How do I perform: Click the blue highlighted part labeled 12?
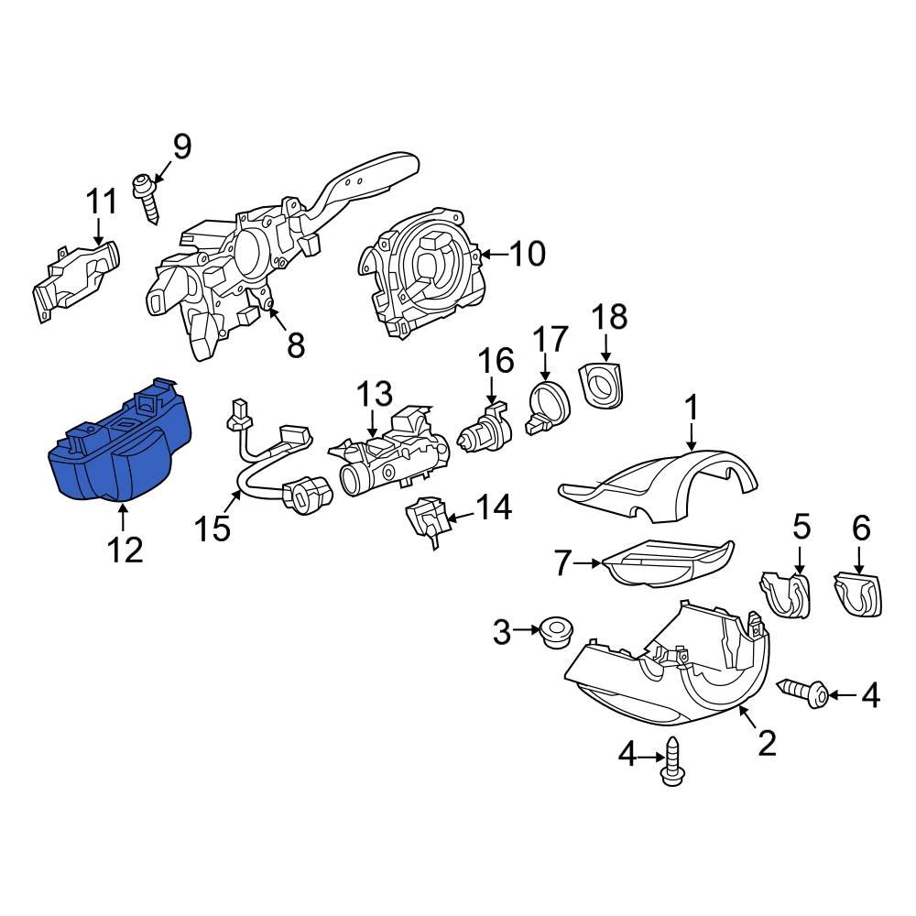pos(119,449)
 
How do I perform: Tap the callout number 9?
pos(181,146)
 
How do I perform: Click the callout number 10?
pos(527,254)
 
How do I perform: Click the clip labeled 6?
pos(858,593)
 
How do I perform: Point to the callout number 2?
pos(767,743)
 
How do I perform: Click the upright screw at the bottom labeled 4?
pos(674,764)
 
